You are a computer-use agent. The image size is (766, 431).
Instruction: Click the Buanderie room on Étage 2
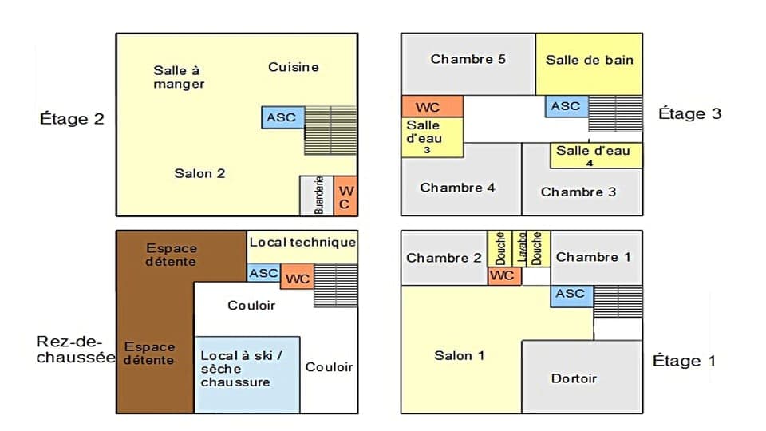point(317,195)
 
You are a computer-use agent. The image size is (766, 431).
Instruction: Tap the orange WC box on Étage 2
point(345,196)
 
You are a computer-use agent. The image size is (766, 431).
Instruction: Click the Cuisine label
point(293,67)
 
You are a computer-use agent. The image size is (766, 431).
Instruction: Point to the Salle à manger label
point(179,77)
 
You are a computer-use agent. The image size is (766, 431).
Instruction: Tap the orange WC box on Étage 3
point(432,107)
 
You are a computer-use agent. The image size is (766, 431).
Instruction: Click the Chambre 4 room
point(458,188)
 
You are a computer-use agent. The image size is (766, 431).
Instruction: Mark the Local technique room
point(302,243)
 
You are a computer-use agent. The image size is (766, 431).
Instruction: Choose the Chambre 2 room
point(444,258)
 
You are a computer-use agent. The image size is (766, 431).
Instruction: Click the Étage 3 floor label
point(689,113)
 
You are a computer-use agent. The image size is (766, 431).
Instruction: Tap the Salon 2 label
point(199,173)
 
